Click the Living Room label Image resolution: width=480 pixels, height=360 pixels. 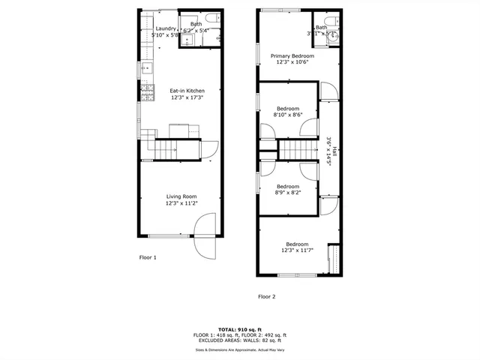click(180, 196)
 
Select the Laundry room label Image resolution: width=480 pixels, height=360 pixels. click(165, 28)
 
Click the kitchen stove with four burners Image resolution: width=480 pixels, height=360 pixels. click(143, 92)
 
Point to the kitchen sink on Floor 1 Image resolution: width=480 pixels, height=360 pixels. click(145, 68)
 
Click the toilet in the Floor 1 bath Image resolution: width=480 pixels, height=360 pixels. click(210, 18)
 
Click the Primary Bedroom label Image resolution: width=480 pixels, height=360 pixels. click(292, 55)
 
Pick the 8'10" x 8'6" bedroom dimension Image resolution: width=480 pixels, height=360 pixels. click(287, 114)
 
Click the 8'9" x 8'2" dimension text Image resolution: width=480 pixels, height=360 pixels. click(287, 193)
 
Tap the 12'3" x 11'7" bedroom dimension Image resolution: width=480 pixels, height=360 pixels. click(297, 250)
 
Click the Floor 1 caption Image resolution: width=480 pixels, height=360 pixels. click(148, 257)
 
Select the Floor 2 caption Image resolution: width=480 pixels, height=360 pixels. click(266, 296)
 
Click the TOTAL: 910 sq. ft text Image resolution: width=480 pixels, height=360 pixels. click(241, 329)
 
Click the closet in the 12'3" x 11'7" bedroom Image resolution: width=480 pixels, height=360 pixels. click(334, 259)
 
